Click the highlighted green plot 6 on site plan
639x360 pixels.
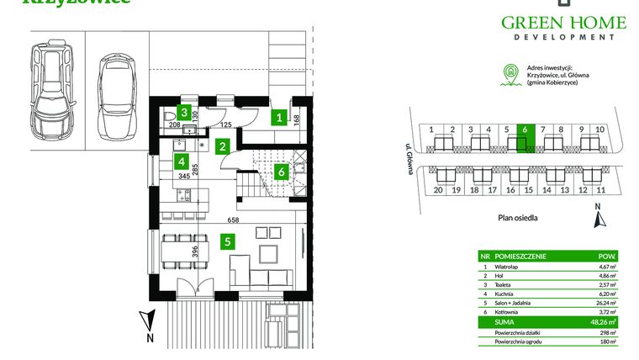click(x=524, y=140)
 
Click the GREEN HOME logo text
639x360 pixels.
click(x=564, y=23)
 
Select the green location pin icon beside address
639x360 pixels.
click(x=507, y=75)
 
